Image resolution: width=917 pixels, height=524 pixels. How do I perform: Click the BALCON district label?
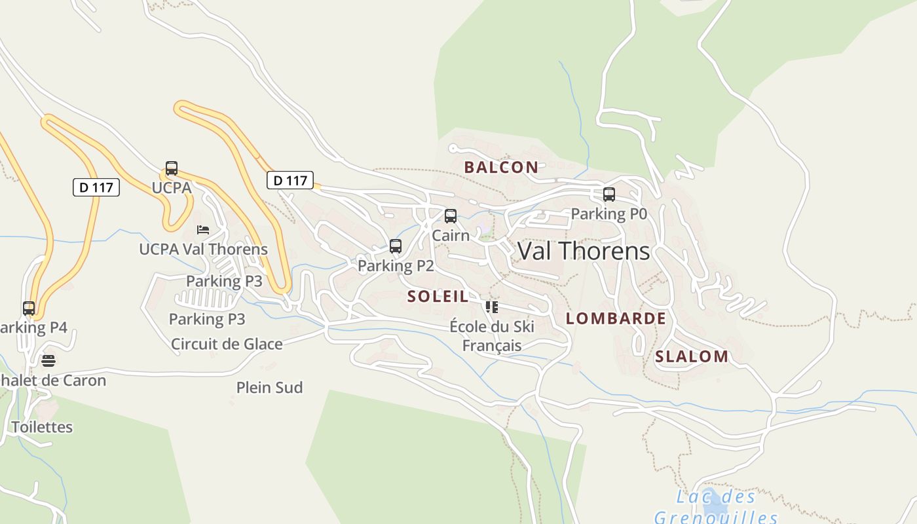(501, 167)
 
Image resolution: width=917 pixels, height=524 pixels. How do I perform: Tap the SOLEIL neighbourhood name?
(438, 297)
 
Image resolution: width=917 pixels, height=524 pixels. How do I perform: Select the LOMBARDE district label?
(616, 319)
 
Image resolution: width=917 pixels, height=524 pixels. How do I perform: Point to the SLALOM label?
(692, 357)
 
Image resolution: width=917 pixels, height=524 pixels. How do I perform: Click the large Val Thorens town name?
(584, 251)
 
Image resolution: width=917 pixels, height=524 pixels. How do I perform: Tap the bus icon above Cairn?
(451, 216)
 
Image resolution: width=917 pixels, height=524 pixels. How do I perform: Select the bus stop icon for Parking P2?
(396, 246)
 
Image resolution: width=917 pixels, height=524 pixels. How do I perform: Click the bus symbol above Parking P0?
(609, 195)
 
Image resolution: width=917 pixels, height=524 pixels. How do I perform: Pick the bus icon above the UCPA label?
(172, 168)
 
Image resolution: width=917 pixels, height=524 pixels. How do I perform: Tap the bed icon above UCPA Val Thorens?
(203, 230)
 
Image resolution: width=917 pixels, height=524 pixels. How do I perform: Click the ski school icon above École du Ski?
(492, 307)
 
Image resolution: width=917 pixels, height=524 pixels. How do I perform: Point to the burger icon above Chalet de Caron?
(48, 361)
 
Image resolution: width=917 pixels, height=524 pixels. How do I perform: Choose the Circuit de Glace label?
(227, 344)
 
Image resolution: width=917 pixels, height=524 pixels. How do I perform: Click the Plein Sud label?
(269, 388)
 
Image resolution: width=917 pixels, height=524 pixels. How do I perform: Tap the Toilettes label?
(42, 427)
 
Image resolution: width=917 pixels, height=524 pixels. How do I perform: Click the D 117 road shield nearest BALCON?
(290, 180)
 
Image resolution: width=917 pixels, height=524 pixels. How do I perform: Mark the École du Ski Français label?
(492, 335)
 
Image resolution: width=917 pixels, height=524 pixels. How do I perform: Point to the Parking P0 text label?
(609, 214)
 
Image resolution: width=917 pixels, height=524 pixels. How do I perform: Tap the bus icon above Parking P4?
(29, 308)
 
